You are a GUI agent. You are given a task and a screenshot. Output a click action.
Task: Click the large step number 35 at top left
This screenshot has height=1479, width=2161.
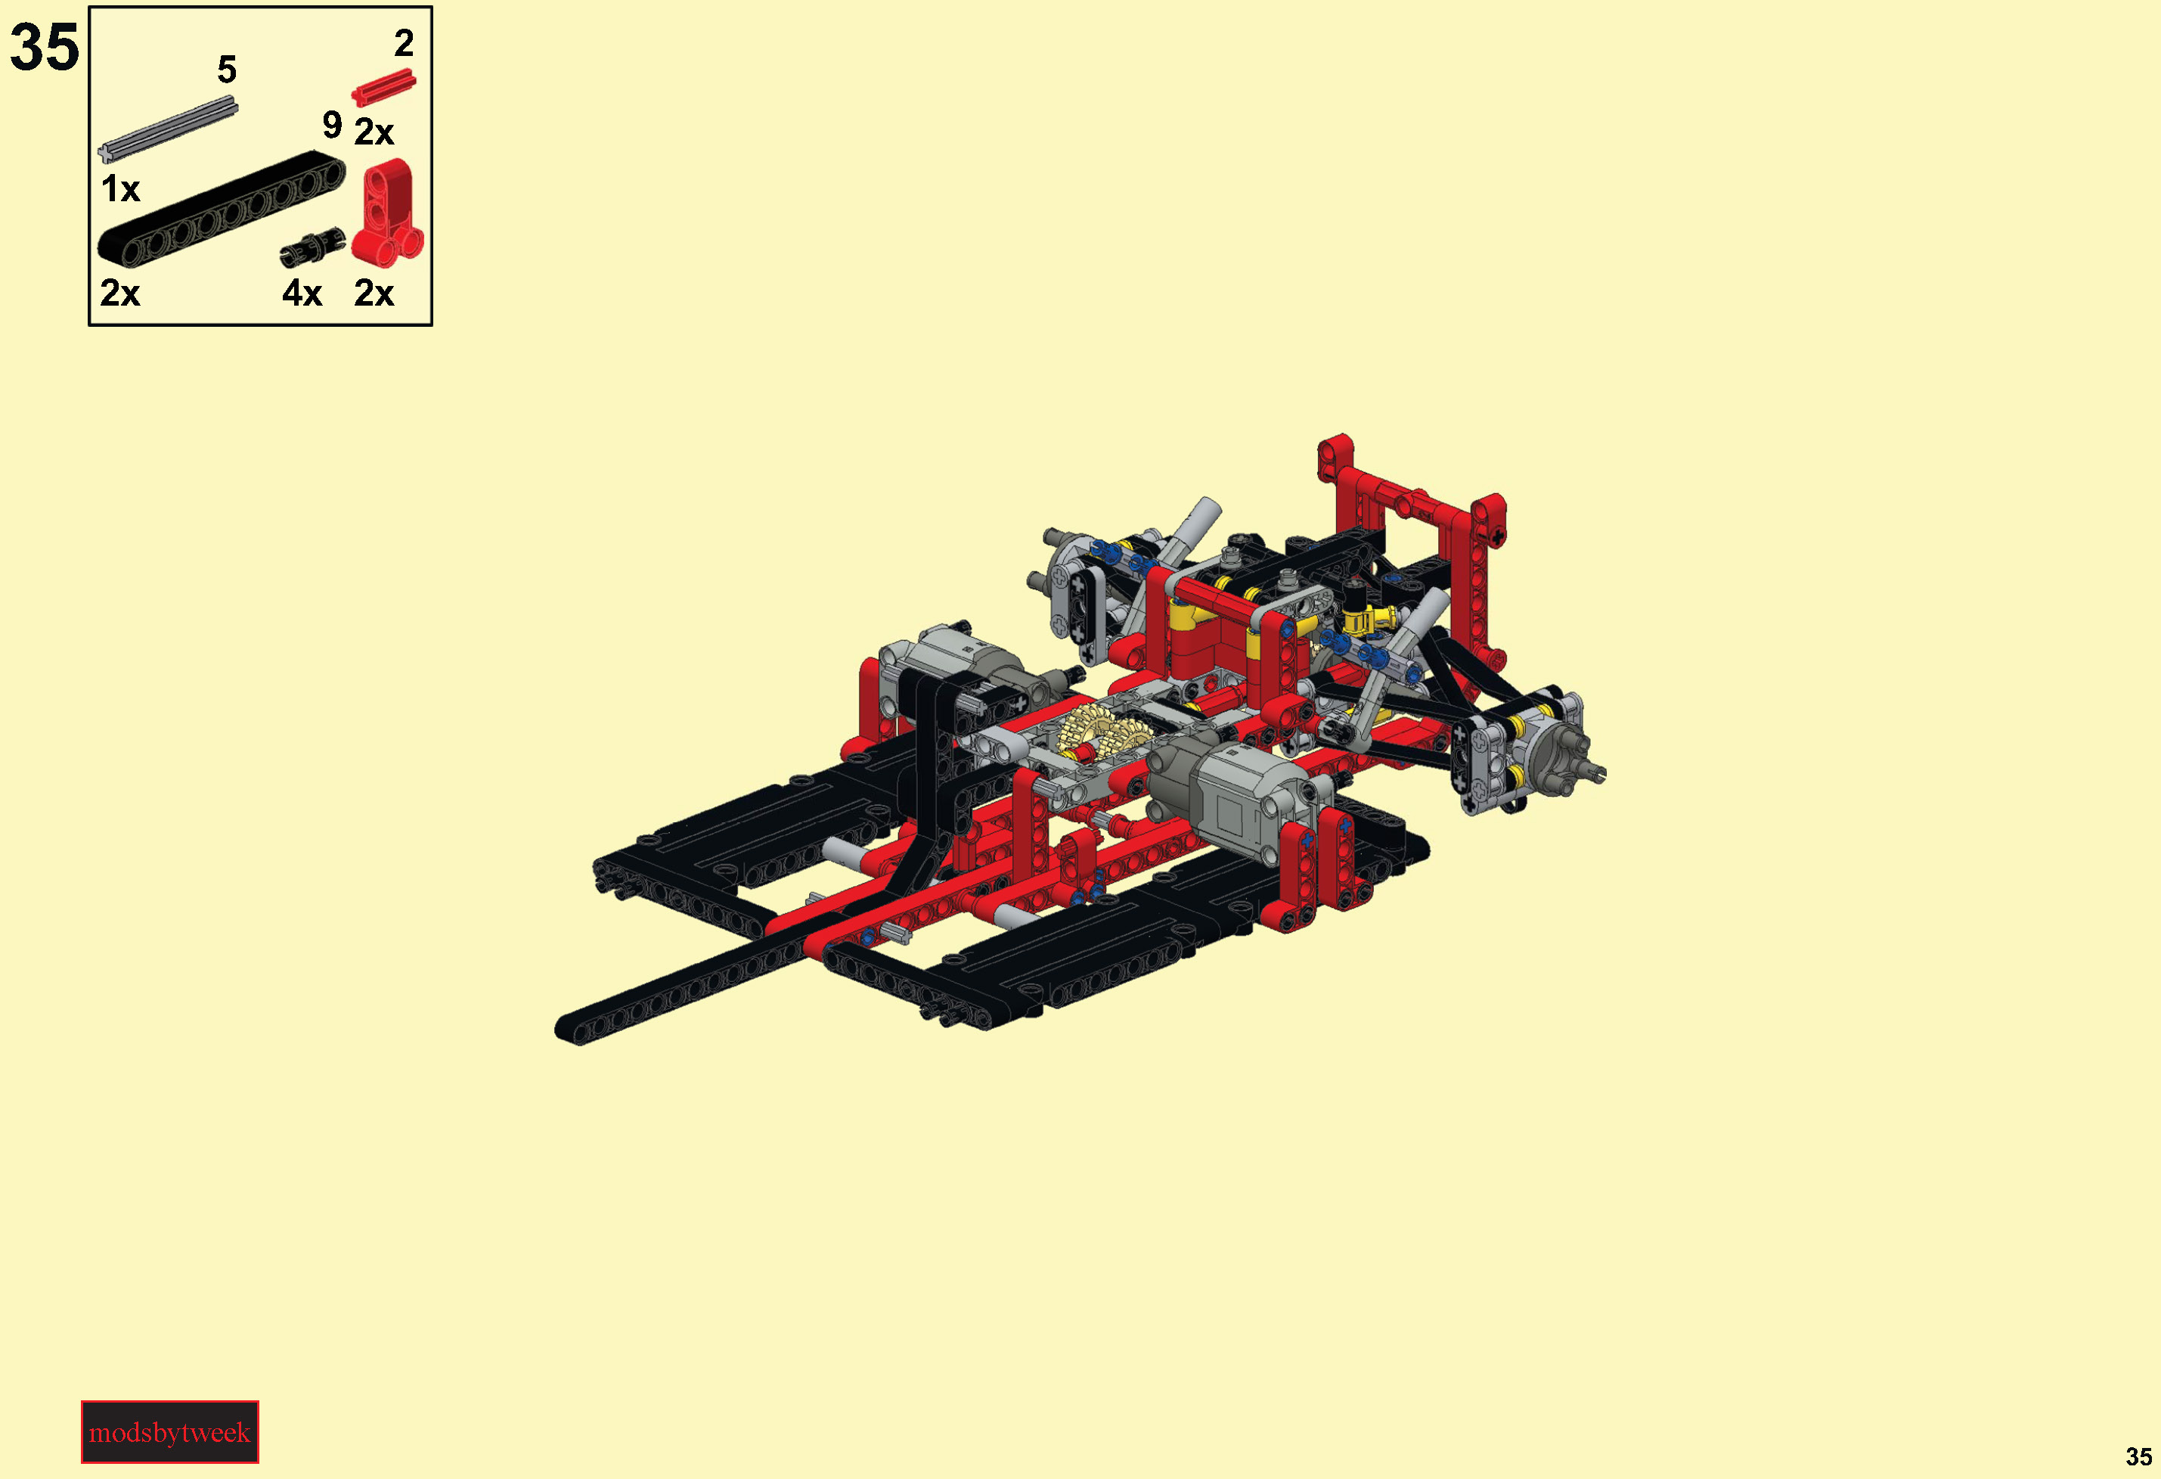[x=45, y=48]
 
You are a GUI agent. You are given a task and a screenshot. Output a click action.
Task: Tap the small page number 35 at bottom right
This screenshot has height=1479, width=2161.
[x=2138, y=1456]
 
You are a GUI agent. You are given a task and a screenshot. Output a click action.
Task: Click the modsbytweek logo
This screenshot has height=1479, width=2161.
[x=169, y=1431]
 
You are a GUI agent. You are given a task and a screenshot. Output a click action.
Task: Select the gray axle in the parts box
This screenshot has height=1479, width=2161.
[x=167, y=129]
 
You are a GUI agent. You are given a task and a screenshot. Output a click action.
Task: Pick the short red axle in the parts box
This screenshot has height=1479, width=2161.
[x=383, y=89]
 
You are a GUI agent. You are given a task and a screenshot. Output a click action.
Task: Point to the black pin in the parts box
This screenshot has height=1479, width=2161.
[x=312, y=247]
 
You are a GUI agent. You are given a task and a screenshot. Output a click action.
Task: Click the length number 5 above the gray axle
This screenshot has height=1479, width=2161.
[x=227, y=70]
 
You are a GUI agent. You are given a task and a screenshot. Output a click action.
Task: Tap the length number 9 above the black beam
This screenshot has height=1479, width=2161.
[x=332, y=125]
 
